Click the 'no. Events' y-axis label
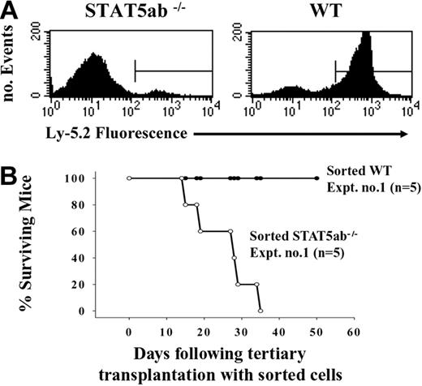pos(20,60)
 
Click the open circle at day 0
pos(129,178)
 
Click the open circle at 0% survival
pos(260,311)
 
